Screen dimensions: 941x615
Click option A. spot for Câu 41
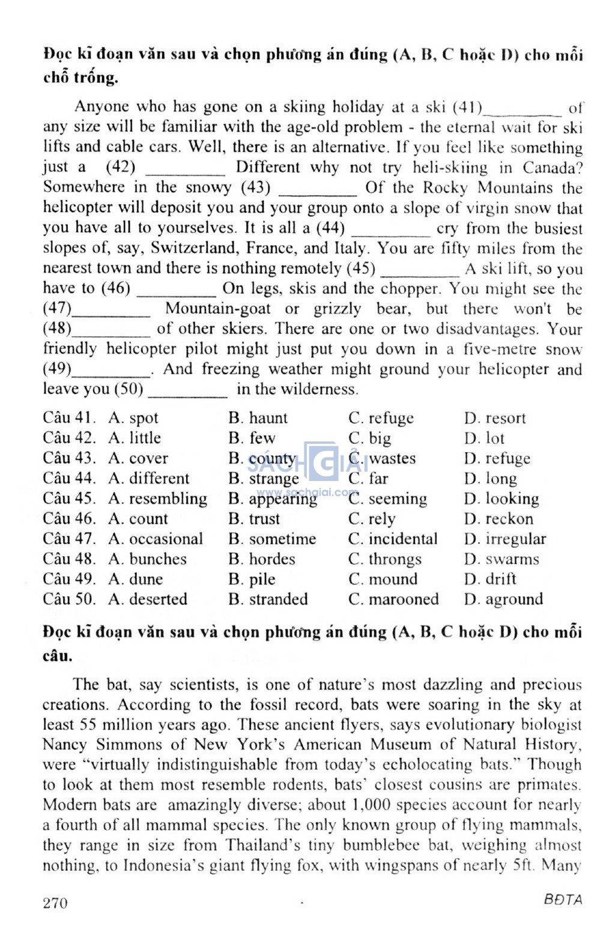(x=133, y=418)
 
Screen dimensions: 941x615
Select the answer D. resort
(x=495, y=418)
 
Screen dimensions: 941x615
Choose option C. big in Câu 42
(x=369, y=438)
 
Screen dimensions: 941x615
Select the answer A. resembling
(x=157, y=498)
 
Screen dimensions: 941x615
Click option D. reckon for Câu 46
(x=498, y=519)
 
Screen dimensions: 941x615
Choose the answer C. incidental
(x=393, y=539)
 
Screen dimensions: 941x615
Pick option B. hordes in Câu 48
(x=262, y=559)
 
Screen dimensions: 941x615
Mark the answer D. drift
(x=490, y=579)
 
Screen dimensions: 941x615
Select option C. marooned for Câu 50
(x=393, y=599)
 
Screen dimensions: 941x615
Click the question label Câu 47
(x=69, y=539)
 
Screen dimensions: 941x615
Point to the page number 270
(x=55, y=903)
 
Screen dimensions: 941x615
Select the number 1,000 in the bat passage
(x=371, y=805)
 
